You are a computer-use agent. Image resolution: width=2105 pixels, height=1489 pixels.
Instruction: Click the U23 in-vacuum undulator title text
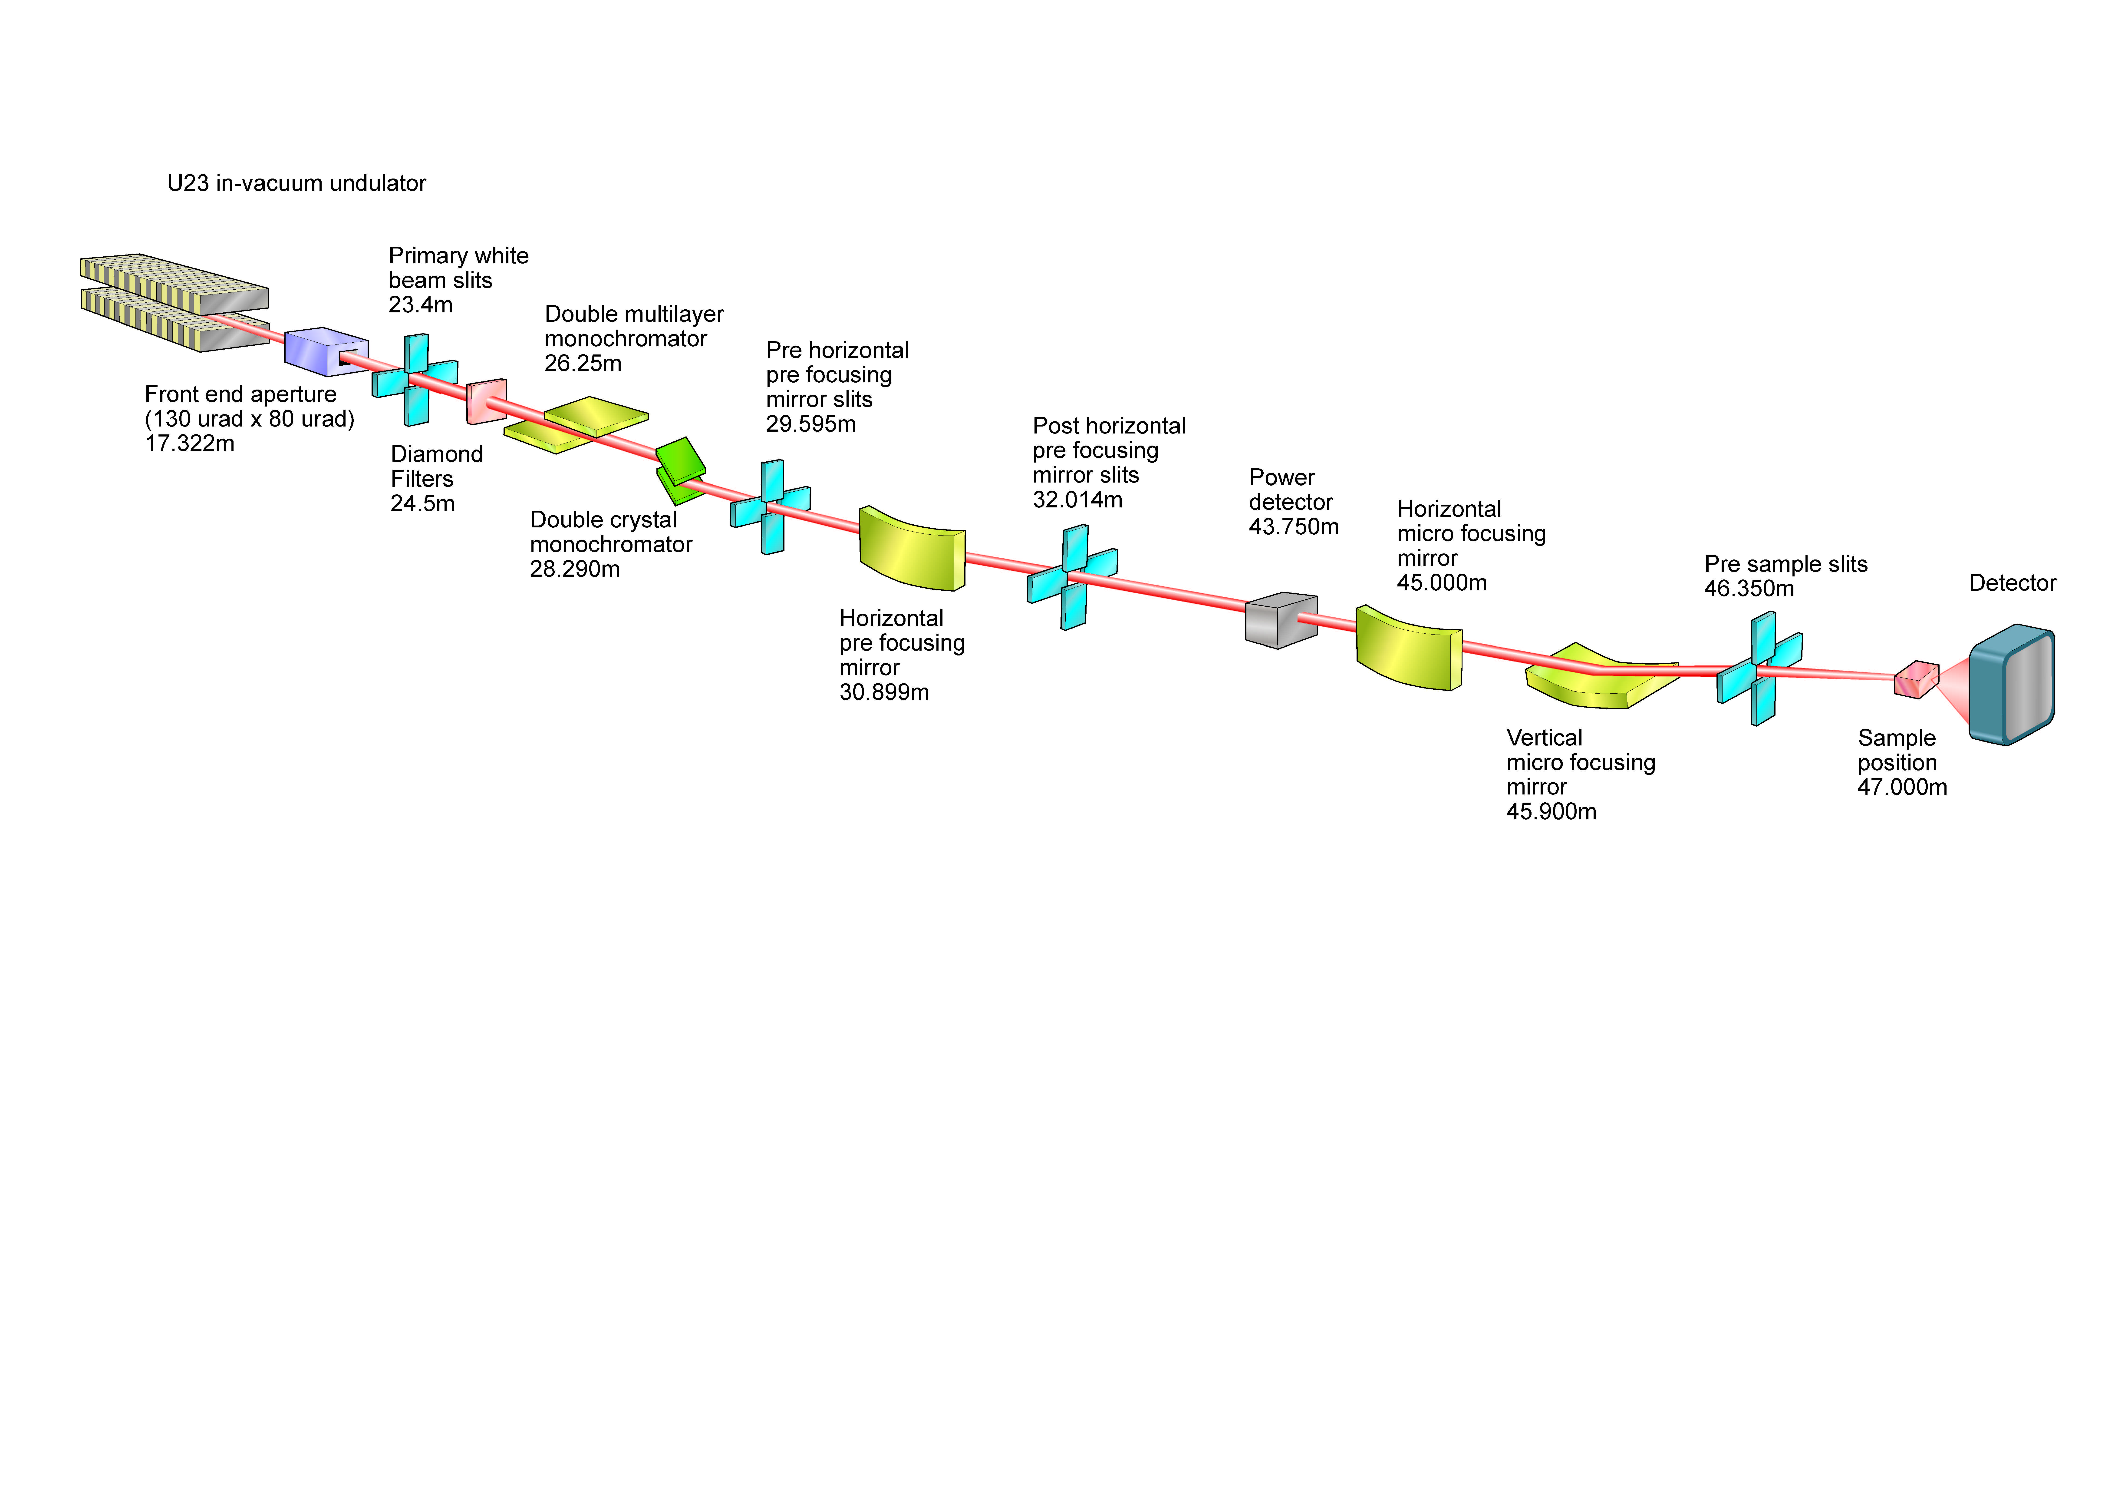coord(296,183)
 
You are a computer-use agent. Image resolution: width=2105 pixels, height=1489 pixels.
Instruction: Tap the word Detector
coord(2012,583)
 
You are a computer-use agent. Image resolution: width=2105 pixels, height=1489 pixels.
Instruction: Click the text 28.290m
coord(575,569)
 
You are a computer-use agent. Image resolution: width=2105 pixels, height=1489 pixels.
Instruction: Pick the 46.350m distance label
coord(1748,589)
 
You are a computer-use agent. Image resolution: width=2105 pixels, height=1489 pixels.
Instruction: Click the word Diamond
coord(436,455)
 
